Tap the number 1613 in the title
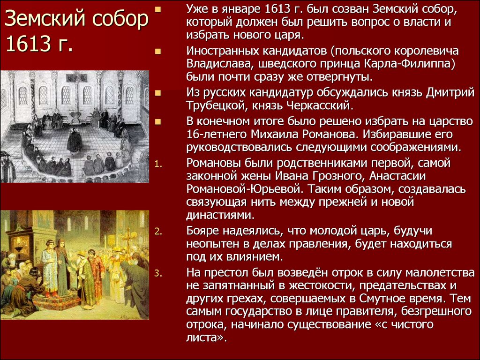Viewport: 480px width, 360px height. [x=28, y=44]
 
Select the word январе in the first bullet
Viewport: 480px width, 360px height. [x=240, y=9]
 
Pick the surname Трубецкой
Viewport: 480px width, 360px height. [x=217, y=105]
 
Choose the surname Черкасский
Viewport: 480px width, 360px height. [x=318, y=105]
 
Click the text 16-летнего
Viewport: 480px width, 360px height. [x=217, y=135]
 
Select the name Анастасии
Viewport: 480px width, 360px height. [x=397, y=176]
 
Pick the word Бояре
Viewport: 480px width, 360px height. [x=202, y=231]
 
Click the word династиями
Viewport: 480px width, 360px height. [x=219, y=215]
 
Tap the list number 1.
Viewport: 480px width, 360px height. [x=157, y=164]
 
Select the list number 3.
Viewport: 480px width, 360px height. [x=157, y=273]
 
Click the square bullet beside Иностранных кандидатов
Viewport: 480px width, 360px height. [x=158, y=51]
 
